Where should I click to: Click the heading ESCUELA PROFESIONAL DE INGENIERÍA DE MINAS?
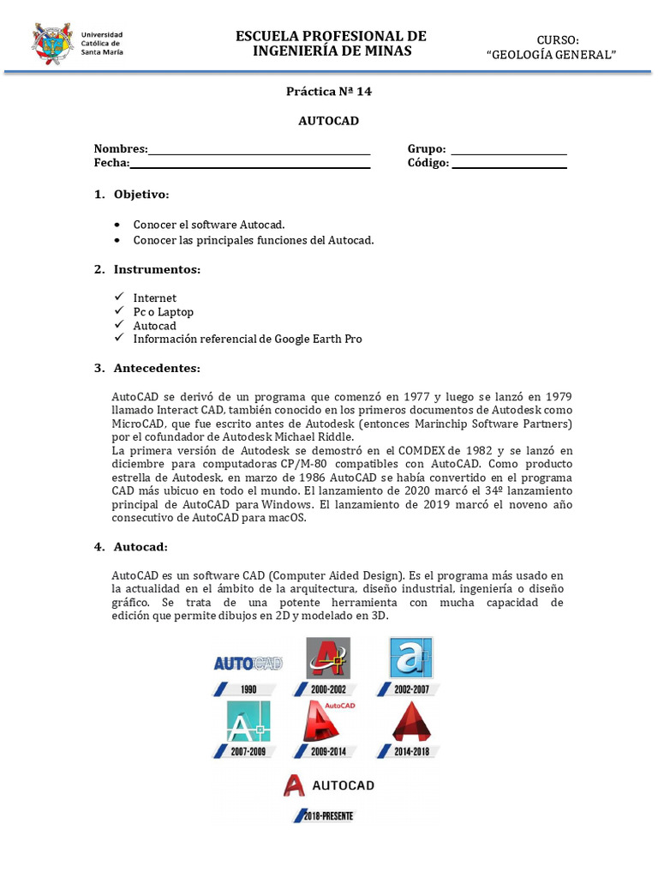click(x=331, y=43)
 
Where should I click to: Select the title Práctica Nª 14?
click(x=329, y=92)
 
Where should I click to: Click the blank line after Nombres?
click(x=259, y=153)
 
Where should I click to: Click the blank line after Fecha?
click(x=249, y=166)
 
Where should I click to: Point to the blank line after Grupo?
click(x=509, y=153)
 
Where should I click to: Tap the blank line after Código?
click(x=509, y=166)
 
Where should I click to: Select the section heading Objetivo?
click(x=141, y=195)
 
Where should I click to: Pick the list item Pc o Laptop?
click(x=163, y=312)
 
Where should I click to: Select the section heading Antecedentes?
click(x=157, y=369)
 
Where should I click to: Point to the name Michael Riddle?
click(x=315, y=437)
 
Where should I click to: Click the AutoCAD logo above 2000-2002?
click(x=328, y=658)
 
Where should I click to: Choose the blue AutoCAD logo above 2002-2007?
click(x=410, y=658)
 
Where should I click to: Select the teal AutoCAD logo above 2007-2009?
click(x=248, y=721)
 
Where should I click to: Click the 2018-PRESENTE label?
click(x=326, y=816)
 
